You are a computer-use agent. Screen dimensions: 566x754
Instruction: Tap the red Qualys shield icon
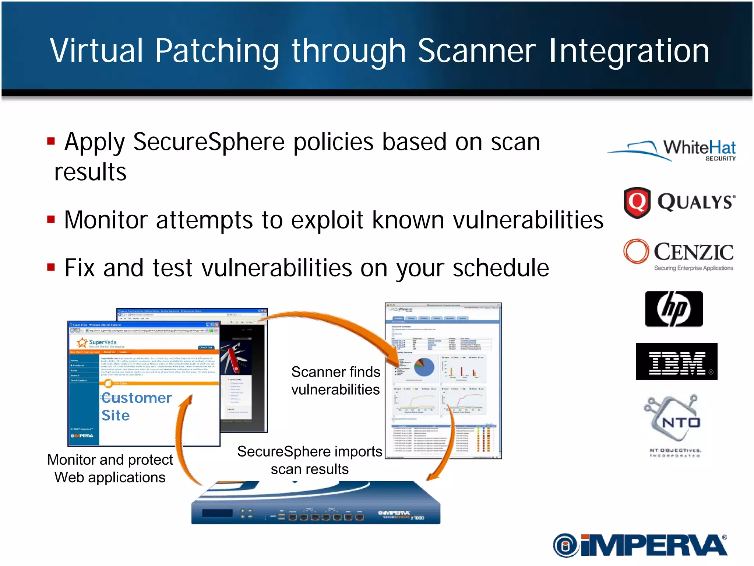point(637,202)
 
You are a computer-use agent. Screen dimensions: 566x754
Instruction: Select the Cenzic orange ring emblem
point(636,251)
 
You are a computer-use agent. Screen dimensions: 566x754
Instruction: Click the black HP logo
point(674,309)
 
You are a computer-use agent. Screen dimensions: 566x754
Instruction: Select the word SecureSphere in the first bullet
point(209,142)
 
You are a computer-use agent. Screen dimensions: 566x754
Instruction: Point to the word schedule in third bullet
point(501,268)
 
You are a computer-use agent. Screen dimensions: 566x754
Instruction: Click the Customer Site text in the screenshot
point(136,406)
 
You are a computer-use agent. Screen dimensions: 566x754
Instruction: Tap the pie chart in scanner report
point(424,367)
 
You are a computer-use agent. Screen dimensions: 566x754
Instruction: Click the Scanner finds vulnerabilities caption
point(335,381)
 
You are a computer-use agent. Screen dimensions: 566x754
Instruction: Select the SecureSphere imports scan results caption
point(310,460)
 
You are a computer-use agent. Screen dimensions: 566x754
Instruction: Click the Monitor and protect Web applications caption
point(110,468)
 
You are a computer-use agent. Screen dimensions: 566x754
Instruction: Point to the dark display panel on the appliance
point(217,513)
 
